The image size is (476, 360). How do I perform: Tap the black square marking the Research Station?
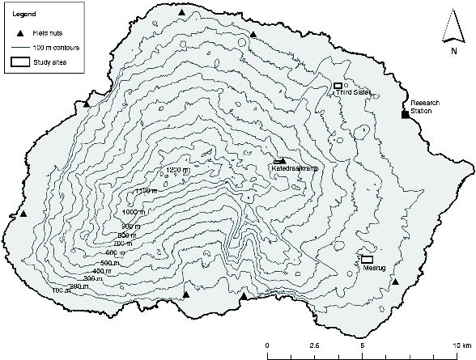coord(405,115)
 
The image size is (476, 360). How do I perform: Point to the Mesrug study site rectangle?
coord(367,259)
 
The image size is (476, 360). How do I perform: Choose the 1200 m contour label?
coord(177,170)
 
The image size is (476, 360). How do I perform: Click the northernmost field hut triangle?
coord(181,13)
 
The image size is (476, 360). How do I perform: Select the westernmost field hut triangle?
coord(23,214)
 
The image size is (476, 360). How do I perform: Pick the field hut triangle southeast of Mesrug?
coord(395,282)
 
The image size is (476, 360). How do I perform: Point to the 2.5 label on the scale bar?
coord(315,345)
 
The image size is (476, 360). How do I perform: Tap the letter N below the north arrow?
coord(453,50)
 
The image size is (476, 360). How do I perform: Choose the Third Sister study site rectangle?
coord(338,85)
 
